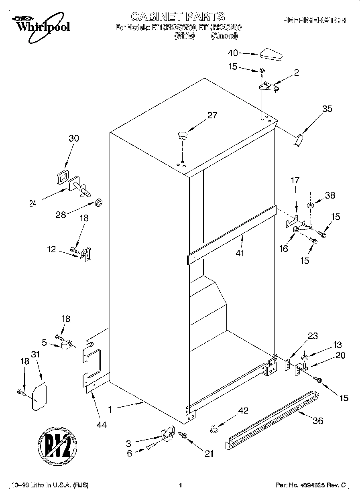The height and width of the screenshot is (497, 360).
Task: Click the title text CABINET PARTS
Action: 178,16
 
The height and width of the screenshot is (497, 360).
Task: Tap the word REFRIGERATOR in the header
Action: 314,20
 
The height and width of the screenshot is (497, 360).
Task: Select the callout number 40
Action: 233,53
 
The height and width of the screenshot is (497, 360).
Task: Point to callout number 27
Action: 212,116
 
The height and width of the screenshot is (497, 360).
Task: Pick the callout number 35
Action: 327,108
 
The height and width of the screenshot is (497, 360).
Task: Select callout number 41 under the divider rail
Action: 240,253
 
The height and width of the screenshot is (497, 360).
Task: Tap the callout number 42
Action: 243,410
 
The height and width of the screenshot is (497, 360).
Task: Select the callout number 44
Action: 102,425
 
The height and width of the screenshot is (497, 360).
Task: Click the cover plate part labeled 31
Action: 39,398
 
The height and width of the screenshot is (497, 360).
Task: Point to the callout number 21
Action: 209,454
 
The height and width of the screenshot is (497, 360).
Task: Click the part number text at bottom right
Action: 310,485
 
